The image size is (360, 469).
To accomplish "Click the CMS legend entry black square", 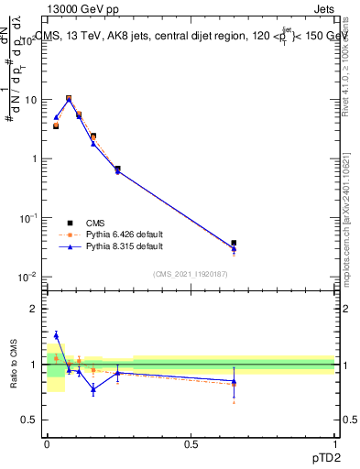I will coord(69,223).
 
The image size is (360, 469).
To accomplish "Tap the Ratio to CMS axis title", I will coord(14,365).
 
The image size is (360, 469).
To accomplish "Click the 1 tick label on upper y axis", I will coord(35,158).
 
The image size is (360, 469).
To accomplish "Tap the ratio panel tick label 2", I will coord(35,309).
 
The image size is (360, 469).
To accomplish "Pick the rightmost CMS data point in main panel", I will coord(234,243).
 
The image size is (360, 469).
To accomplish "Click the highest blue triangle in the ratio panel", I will coord(56,335).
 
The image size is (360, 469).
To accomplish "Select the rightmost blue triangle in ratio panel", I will coord(234,381).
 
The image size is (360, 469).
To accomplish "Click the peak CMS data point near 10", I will coord(69,98).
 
